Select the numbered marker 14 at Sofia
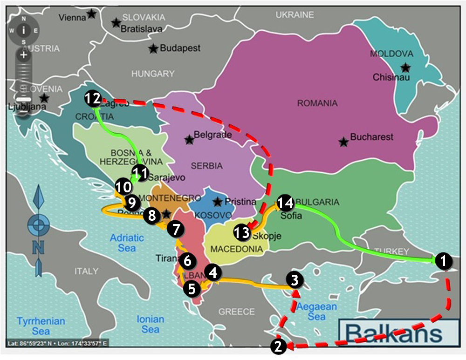tap(285, 202)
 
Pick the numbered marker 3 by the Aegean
tap(294, 280)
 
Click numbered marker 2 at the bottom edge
tap(278, 346)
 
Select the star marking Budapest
tap(153, 48)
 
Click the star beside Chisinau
tap(406, 68)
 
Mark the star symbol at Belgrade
tap(189, 139)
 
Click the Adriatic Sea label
tap(127, 243)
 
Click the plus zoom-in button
tap(24, 54)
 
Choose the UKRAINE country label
tap(295, 15)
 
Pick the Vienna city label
tap(72, 18)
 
